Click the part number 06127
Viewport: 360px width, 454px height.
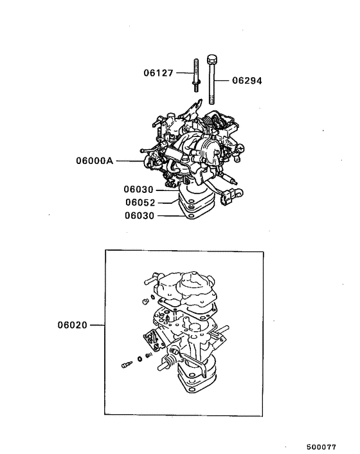click(x=158, y=73)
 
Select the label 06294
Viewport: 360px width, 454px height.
click(x=247, y=81)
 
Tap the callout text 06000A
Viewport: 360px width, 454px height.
click(x=94, y=161)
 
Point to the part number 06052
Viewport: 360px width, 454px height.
click(x=141, y=202)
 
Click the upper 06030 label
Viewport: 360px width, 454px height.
click(x=141, y=190)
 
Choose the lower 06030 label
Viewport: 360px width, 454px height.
click(x=141, y=215)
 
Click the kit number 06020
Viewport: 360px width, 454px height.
click(x=72, y=326)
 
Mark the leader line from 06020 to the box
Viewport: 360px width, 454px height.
click(x=96, y=326)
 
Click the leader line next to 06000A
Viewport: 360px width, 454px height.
click(x=131, y=161)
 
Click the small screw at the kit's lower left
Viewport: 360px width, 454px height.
click(x=126, y=365)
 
